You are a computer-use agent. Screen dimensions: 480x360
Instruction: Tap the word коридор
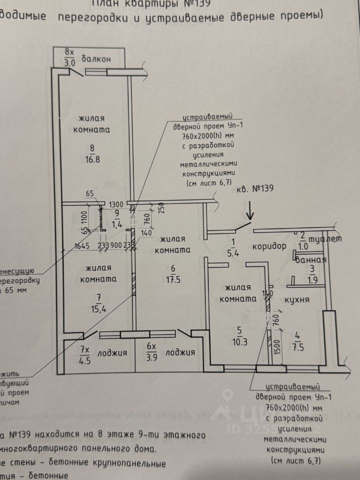(x=269, y=246)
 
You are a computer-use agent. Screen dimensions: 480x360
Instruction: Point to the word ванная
(x=311, y=259)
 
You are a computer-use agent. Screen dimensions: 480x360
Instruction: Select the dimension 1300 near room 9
(x=116, y=204)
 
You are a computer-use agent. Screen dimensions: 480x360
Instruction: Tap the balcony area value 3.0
(x=69, y=63)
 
